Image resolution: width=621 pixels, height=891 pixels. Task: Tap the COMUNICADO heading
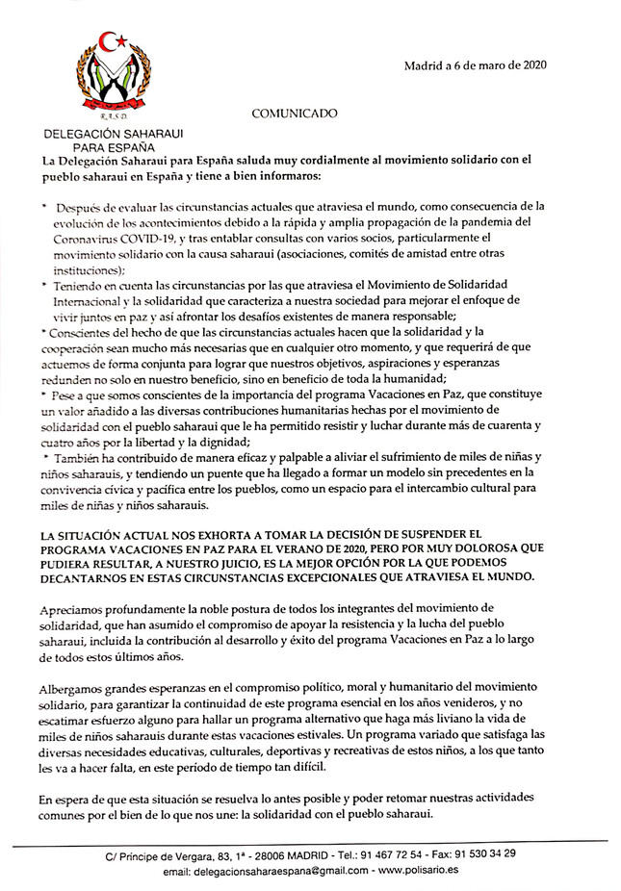tap(295, 114)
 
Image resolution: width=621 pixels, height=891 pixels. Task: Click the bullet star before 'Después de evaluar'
tap(44, 205)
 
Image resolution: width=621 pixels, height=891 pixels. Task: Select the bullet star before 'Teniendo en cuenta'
tap(44, 287)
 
